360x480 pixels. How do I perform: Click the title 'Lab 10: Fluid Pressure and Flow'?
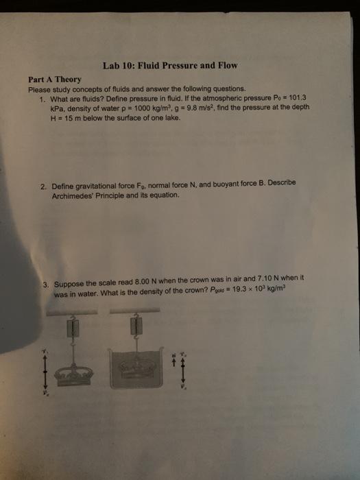click(169, 66)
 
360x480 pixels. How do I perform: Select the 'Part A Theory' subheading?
click(55, 80)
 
